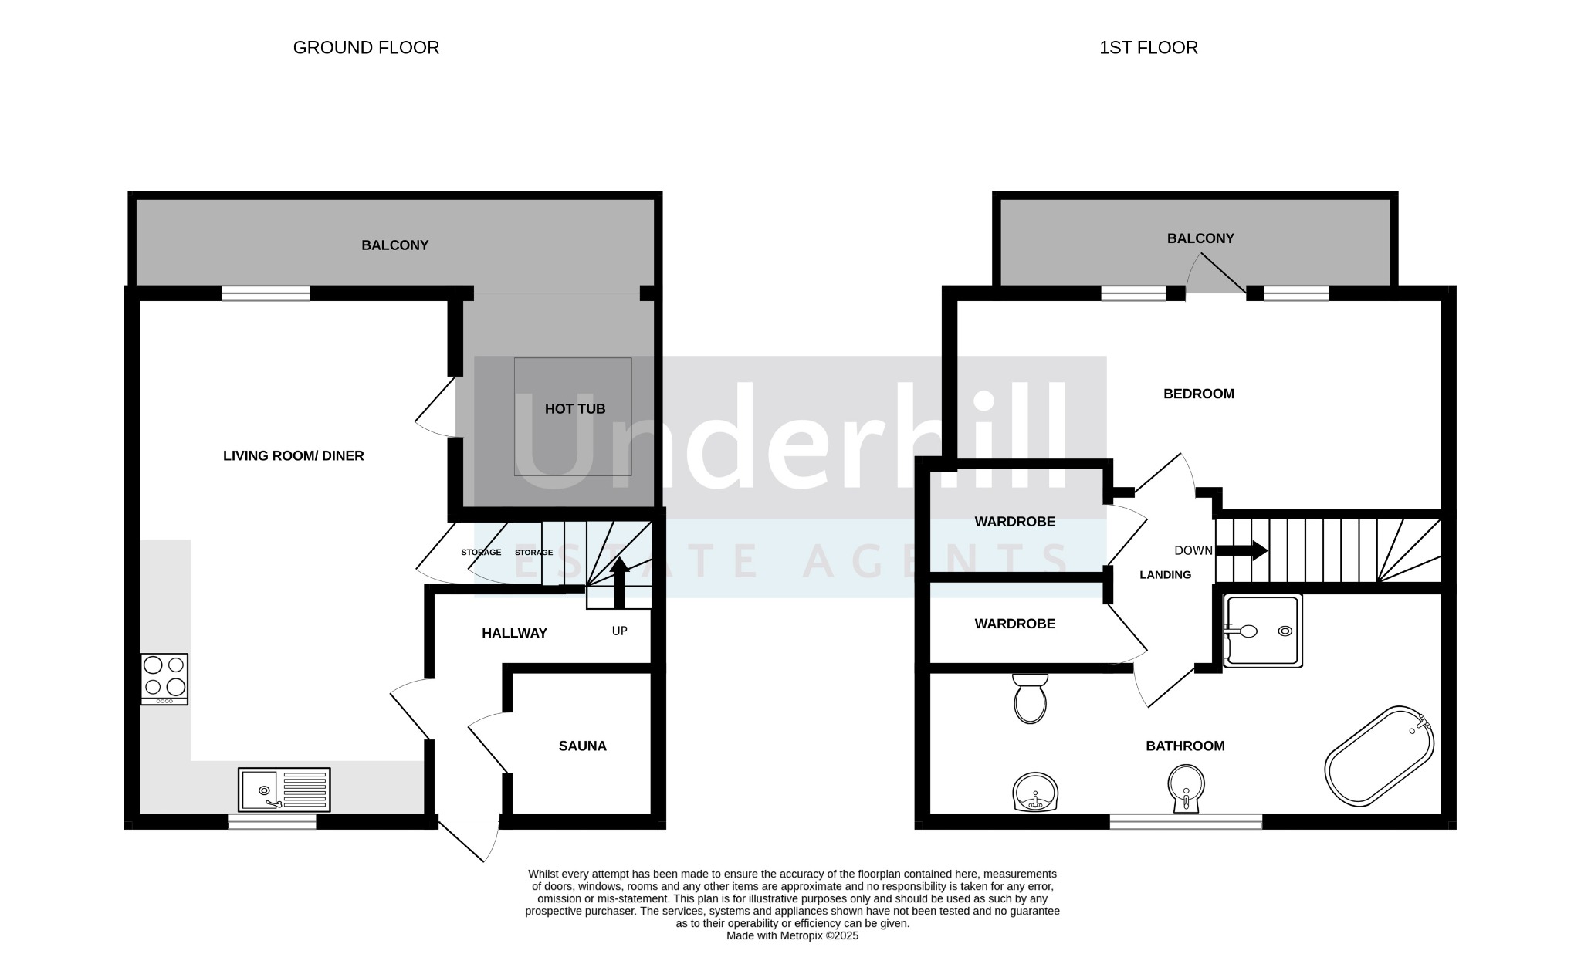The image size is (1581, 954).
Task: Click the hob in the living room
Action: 164,679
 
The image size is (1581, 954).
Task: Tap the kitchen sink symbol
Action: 284,790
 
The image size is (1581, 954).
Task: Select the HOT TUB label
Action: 575,409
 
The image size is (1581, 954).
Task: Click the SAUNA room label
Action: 583,746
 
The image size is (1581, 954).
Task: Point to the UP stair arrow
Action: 619,583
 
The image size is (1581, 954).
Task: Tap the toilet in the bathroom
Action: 1030,699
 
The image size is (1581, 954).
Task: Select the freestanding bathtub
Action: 1380,756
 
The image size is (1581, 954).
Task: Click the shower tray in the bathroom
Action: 1263,631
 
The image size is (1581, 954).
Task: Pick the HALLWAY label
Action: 514,633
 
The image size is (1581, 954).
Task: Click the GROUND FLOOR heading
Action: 366,48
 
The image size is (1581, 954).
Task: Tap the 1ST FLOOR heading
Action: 1149,48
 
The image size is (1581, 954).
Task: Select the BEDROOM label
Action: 1199,394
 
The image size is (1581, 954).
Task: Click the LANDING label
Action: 1166,575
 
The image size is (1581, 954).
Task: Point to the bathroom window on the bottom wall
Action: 1186,821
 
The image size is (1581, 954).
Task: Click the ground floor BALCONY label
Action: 395,245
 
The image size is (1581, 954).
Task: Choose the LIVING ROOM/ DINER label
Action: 293,456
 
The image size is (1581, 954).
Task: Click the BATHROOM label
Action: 1185,746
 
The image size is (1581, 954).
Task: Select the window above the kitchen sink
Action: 272,821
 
